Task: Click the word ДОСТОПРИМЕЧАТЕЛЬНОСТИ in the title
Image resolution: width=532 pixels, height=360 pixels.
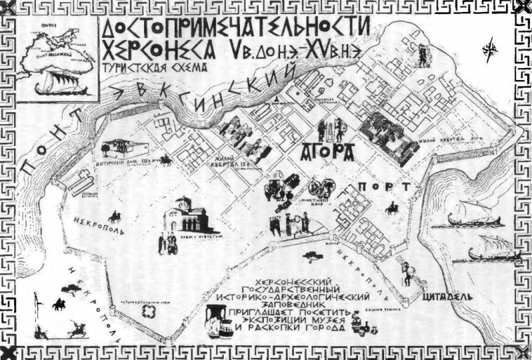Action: pyautogui.click(x=236, y=28)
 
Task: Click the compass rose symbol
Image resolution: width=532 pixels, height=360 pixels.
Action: pyautogui.click(x=488, y=50)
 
